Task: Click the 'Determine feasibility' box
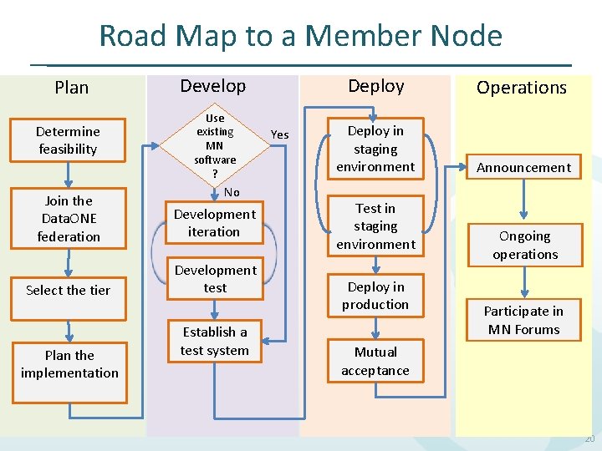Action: [x=68, y=140]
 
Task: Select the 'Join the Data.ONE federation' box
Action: [x=69, y=219]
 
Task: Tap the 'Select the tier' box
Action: [x=68, y=291]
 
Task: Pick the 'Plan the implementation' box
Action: [x=69, y=364]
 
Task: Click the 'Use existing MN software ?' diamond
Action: [x=215, y=144]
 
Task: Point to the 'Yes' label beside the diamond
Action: [x=280, y=134]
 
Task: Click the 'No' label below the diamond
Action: [x=232, y=192]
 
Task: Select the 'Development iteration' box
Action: [x=214, y=223]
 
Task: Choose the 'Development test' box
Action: [x=215, y=279]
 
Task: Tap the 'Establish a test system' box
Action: [x=215, y=342]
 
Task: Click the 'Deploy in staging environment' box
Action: [x=375, y=149]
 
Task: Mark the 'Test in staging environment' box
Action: [x=375, y=226]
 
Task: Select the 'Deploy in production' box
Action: [x=375, y=296]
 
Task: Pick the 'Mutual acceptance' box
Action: [x=375, y=361]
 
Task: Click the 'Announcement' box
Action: [x=523, y=167]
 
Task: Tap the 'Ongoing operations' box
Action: [x=524, y=246]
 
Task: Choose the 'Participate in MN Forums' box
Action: [x=523, y=320]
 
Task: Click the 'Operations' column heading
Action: [x=522, y=88]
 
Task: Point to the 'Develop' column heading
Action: [x=213, y=86]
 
